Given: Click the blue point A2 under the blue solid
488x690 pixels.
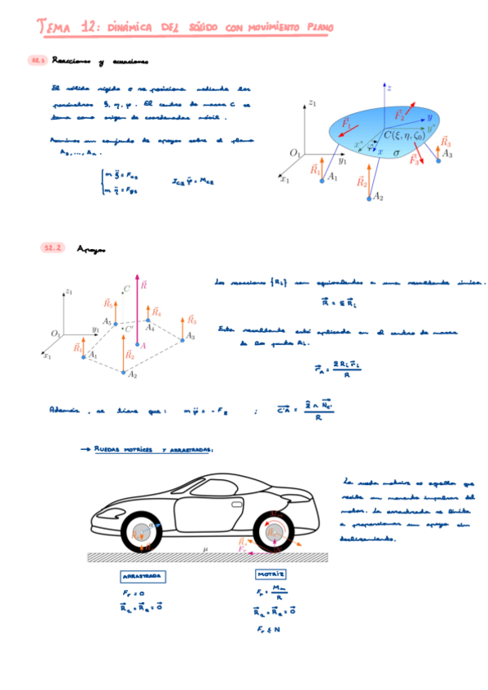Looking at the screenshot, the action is click(x=368, y=196).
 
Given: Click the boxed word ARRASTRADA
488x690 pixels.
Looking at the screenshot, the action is click(x=143, y=575).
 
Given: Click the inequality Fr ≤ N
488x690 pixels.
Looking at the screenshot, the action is click(x=266, y=629).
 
